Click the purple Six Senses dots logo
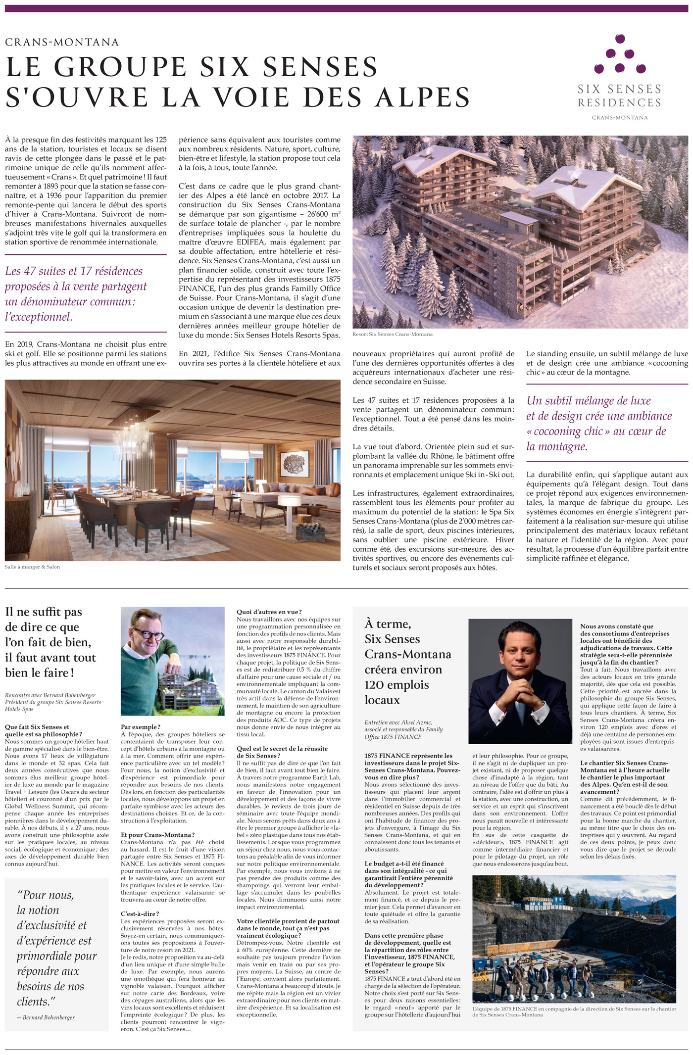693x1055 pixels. point(619,54)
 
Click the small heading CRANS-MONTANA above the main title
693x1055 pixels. point(62,42)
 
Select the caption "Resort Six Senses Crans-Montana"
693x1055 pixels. point(392,334)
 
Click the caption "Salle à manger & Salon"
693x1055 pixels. point(32,567)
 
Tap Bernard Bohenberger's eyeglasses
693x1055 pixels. point(148,635)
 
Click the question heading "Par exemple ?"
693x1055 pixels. point(141,727)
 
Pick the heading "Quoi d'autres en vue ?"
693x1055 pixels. point(269,612)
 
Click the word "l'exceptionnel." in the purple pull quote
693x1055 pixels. point(39,317)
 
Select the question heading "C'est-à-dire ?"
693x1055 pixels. point(140,913)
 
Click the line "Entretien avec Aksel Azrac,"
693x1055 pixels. point(398,722)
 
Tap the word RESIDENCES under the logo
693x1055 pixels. point(619,102)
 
